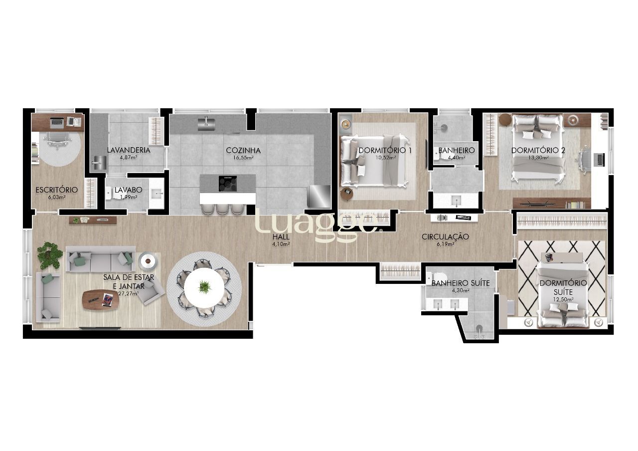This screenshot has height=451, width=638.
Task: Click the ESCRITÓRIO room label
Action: (x=56, y=190)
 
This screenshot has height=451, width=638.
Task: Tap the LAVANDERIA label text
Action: (x=128, y=150)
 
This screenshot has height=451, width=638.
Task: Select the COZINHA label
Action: (x=243, y=150)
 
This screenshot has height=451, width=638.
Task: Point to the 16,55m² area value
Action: (x=243, y=158)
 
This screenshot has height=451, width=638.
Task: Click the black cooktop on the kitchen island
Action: (x=228, y=183)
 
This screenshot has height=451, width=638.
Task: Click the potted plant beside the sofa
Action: (x=50, y=254)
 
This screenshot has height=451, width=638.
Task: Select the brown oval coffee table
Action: (x=98, y=299)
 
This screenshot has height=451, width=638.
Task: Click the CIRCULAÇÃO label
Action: (x=445, y=236)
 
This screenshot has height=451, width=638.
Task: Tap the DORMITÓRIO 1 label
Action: (x=385, y=150)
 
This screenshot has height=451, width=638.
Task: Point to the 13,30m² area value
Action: (x=538, y=158)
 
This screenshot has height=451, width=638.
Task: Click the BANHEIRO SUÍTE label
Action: (x=460, y=283)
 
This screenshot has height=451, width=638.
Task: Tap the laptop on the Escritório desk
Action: (x=57, y=121)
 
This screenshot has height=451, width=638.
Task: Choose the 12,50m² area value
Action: (x=562, y=299)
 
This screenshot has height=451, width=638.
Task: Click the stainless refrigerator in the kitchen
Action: (x=319, y=196)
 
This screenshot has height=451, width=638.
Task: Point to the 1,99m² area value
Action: (x=128, y=197)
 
